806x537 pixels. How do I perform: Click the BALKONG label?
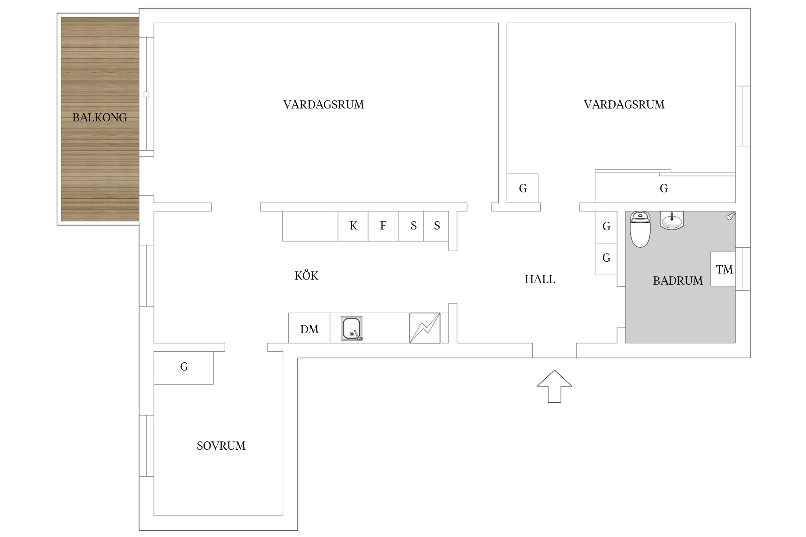click(x=100, y=117)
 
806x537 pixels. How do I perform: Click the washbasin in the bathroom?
click(x=672, y=220)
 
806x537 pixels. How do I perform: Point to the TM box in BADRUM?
click(x=723, y=269)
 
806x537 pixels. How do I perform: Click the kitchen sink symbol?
click(x=351, y=328)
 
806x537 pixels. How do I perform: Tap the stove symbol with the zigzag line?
click(x=424, y=328)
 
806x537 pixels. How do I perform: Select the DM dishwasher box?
click(x=309, y=329)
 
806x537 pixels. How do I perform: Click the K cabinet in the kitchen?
click(x=353, y=226)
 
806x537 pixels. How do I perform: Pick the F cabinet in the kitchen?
click(x=383, y=226)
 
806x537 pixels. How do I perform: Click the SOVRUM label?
click(x=221, y=446)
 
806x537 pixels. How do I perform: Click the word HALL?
click(x=540, y=279)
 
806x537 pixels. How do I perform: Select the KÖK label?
click(x=306, y=276)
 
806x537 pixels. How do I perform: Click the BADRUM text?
click(x=678, y=281)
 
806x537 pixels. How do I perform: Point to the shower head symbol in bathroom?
click(x=730, y=216)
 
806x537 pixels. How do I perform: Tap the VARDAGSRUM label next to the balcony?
click(x=323, y=105)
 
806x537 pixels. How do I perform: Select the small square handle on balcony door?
click(x=146, y=95)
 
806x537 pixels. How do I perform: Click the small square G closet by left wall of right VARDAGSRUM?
click(x=522, y=188)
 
